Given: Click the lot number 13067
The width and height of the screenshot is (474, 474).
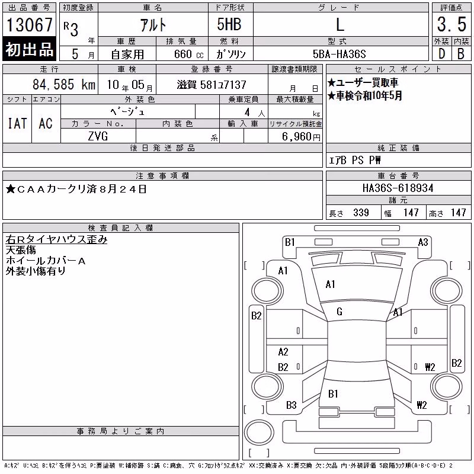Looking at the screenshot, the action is [29, 24].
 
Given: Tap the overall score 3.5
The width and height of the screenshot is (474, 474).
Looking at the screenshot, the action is [451, 24].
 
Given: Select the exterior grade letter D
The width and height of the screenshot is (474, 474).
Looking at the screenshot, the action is [441, 54].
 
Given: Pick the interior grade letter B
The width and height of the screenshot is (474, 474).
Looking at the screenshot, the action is [461, 54].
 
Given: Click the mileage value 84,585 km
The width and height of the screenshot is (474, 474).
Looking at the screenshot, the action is [64, 84].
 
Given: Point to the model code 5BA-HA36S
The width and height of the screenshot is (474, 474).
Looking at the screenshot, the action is [339, 54].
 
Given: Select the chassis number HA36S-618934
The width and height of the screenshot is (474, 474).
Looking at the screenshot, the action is [398, 188].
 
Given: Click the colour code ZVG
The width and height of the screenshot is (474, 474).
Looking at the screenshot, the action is [98, 136].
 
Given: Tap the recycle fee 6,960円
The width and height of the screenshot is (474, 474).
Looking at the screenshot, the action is [301, 137].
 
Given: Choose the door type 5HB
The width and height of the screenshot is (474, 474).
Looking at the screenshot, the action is [229, 24].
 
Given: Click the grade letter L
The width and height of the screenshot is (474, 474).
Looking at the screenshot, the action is [340, 24].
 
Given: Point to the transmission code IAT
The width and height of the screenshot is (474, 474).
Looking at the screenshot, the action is [17, 123].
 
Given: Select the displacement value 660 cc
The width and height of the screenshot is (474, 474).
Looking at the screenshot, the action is [188, 55].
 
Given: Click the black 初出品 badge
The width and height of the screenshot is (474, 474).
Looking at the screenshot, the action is [29, 49].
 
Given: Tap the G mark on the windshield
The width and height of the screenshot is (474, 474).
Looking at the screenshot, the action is [340, 312].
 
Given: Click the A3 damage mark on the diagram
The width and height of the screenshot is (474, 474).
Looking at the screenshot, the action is [423, 242].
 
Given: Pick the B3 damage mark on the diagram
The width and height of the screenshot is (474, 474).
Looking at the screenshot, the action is [292, 405].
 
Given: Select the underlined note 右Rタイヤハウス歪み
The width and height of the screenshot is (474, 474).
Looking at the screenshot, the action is [56, 239].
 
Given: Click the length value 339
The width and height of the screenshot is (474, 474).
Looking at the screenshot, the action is [361, 213].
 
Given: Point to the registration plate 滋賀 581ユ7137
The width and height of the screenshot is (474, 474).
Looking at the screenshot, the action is [212, 85].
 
